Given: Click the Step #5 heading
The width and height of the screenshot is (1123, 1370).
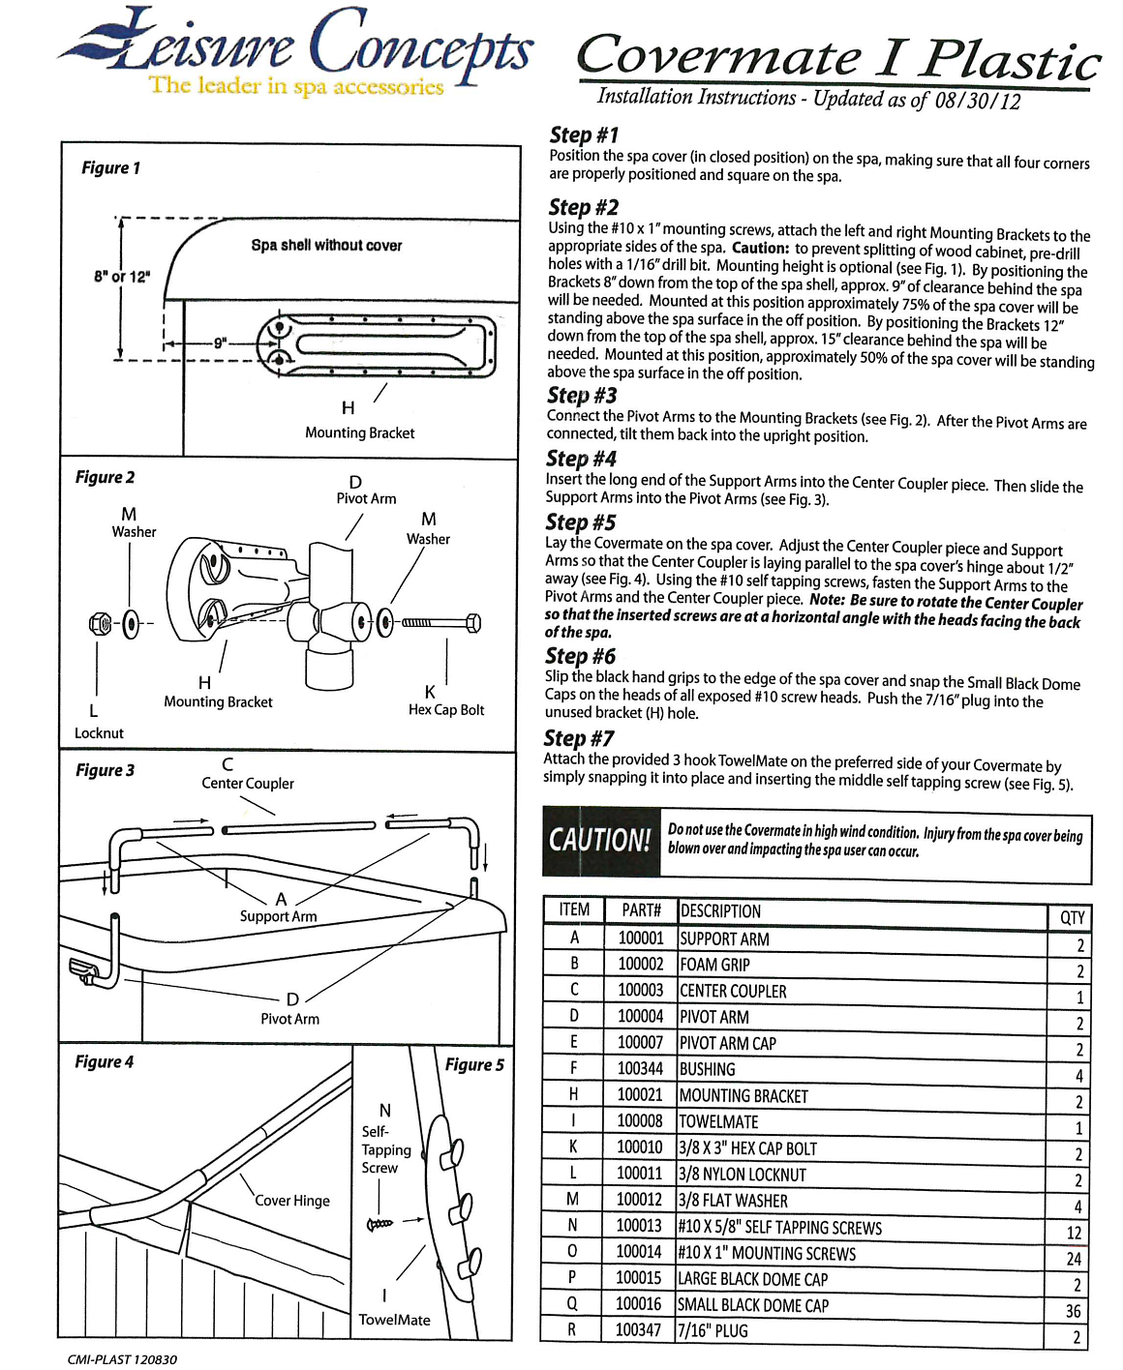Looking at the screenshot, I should click(580, 522).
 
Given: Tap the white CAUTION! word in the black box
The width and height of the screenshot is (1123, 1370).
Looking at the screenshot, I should click(599, 840).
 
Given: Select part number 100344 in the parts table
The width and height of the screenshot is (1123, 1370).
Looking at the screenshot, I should click(640, 1068).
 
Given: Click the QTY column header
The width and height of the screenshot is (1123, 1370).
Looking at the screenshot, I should click(1072, 917).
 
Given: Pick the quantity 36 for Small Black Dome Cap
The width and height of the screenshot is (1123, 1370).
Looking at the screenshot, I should click(1072, 1311).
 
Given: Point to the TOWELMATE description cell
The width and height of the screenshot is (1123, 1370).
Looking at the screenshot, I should click(718, 1121).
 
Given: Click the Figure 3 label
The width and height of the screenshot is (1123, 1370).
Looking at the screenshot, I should click(105, 770).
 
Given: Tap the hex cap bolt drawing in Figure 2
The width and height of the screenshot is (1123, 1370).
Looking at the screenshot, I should click(441, 622).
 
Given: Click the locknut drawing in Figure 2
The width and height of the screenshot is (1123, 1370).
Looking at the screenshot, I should click(99, 623).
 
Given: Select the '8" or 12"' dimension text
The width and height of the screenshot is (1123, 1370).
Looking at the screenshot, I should click(122, 277).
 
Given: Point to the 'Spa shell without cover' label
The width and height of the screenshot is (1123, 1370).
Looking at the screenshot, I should click(326, 246).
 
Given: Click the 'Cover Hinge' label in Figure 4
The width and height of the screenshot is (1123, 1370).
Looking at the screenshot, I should click(292, 1201).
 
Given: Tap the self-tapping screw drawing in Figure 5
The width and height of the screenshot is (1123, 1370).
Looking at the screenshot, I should click(379, 1224).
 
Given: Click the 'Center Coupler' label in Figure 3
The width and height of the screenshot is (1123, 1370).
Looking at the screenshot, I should click(247, 784).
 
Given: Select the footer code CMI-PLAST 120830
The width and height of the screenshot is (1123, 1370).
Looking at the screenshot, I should click(122, 1359).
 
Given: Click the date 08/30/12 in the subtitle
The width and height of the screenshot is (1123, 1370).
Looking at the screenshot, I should click(977, 101).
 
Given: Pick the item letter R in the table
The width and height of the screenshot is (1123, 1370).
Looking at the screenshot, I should click(571, 1329).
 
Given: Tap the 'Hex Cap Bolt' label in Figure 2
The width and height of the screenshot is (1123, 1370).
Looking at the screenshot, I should click(446, 710).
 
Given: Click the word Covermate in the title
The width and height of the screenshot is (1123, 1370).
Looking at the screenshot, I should click(717, 56).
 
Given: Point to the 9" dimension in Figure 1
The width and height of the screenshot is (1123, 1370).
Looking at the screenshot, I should click(221, 342).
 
